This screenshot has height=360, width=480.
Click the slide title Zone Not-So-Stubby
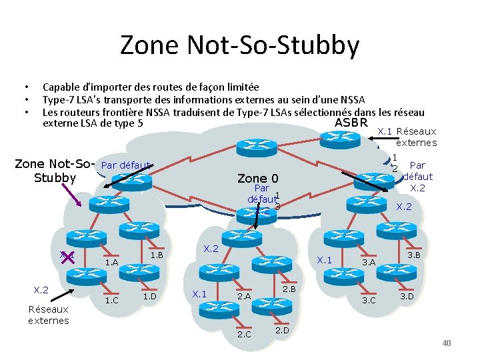239,45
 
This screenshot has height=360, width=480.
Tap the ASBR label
351,123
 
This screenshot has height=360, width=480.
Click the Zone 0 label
257,178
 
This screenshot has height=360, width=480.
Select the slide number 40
447,343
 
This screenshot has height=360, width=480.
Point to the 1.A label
111,263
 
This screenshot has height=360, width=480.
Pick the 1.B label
157,255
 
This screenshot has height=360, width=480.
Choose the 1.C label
111,300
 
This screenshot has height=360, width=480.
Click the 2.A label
244,296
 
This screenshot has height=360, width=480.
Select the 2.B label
289,288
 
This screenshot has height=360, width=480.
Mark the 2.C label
244,333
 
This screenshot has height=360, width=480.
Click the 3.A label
368,263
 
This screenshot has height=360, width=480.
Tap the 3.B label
413,255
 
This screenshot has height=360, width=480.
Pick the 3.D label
406,296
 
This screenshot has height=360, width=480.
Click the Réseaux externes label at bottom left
48,315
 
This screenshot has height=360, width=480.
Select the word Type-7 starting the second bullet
59,100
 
